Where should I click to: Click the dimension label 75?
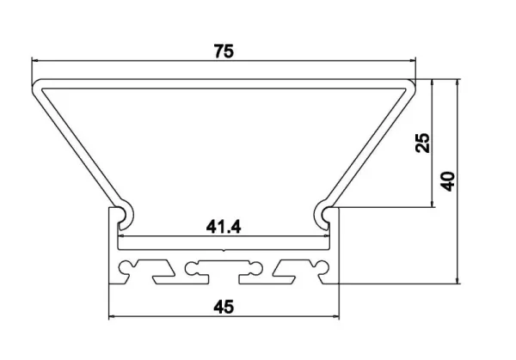coord(224,52)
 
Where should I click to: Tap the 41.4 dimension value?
coord(224,227)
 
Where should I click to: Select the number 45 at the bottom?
coord(224,307)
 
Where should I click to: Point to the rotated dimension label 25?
coord(422,143)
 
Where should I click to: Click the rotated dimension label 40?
coord(448,181)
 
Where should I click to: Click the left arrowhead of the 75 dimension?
coord(35,60)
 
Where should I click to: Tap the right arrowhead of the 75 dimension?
coord(412,60)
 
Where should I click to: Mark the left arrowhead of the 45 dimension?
coord(112,316)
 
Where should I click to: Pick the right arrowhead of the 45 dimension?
coord(335,316)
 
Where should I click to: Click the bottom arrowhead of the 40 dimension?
coord(458,280)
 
